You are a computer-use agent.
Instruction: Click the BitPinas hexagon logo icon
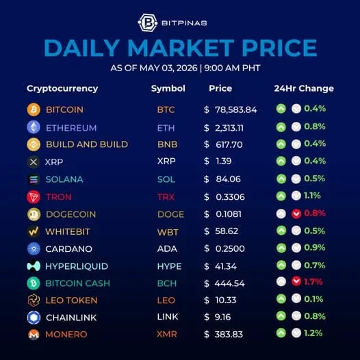click(x=148, y=23)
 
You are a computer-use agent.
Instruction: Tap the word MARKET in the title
click(x=181, y=48)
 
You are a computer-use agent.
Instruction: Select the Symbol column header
click(x=168, y=88)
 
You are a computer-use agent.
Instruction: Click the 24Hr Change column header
click(x=304, y=88)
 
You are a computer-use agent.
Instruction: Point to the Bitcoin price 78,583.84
click(x=236, y=110)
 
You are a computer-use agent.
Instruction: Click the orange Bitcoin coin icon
click(x=34, y=110)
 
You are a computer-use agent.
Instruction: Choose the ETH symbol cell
click(x=166, y=128)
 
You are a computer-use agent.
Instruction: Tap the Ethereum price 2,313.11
click(x=229, y=128)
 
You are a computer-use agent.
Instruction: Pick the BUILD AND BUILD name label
click(x=87, y=144)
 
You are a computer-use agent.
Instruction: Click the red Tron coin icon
click(x=34, y=197)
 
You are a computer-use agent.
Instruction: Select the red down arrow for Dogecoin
click(x=296, y=214)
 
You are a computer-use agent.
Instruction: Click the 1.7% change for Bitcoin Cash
click(x=313, y=281)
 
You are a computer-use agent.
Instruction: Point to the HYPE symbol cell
click(x=169, y=266)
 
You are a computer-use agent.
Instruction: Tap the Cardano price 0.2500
click(x=230, y=248)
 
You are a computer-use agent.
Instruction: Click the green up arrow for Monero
click(x=281, y=333)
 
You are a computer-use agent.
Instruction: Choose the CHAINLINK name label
click(x=71, y=318)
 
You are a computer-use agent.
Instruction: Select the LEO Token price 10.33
click(x=226, y=300)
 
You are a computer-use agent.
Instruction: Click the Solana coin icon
click(x=34, y=179)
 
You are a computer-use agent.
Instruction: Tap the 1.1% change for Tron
click(x=312, y=196)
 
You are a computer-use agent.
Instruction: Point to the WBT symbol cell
click(x=168, y=232)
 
